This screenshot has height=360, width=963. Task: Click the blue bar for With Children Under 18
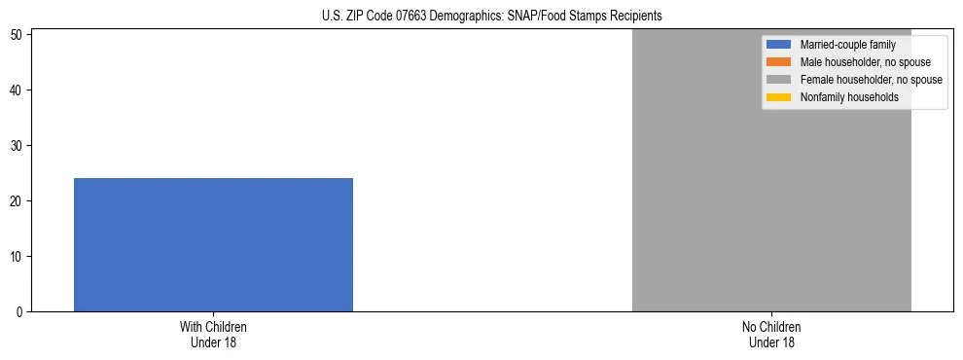(213, 244)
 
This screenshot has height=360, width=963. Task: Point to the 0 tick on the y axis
(21, 312)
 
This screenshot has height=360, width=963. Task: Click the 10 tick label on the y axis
(18, 257)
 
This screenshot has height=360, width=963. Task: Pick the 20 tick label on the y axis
(18, 201)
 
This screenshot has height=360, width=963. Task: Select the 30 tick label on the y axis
(18, 146)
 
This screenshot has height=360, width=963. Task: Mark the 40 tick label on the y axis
(18, 90)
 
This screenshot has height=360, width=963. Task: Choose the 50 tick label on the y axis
(18, 35)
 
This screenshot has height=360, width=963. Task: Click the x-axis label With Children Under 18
(213, 334)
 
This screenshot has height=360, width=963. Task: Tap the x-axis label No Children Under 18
(771, 334)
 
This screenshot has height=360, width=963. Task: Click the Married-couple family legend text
(847, 45)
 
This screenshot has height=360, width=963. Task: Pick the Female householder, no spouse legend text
(871, 80)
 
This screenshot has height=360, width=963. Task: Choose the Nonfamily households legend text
(849, 97)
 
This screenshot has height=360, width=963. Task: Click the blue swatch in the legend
(779, 45)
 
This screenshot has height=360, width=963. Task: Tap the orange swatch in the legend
(779, 62)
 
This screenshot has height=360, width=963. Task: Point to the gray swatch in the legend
(779, 80)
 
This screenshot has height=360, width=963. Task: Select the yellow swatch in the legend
(779, 97)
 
